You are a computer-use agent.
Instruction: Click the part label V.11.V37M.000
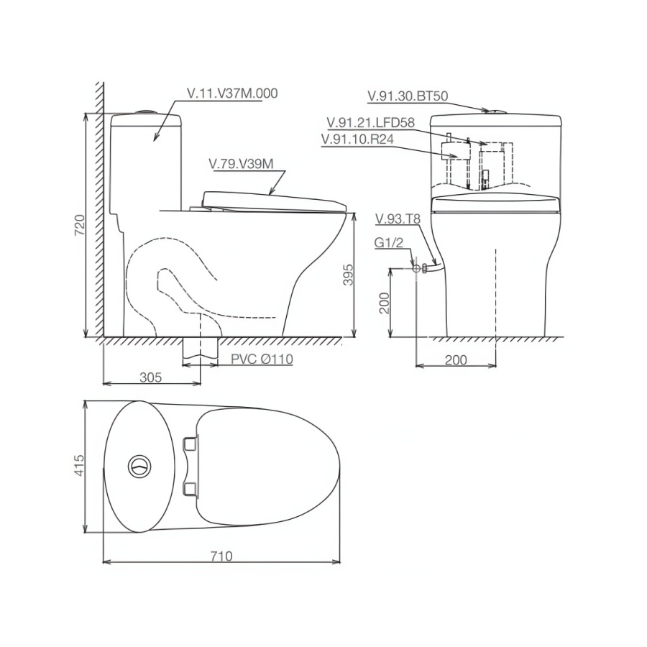click(231, 93)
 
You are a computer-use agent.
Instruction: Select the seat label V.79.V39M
click(241, 164)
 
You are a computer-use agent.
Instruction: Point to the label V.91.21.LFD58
click(370, 122)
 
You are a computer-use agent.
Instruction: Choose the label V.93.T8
click(395, 218)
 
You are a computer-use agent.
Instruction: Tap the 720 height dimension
click(81, 224)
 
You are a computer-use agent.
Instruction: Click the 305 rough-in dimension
click(150, 376)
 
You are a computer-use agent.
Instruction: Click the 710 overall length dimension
click(222, 556)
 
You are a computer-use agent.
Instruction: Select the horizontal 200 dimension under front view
click(456, 359)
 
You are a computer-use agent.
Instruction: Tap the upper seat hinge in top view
click(191, 444)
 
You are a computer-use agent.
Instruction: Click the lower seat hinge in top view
click(191, 490)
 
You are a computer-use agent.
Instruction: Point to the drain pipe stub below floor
click(200, 349)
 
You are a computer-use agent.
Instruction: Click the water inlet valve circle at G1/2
click(416, 268)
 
